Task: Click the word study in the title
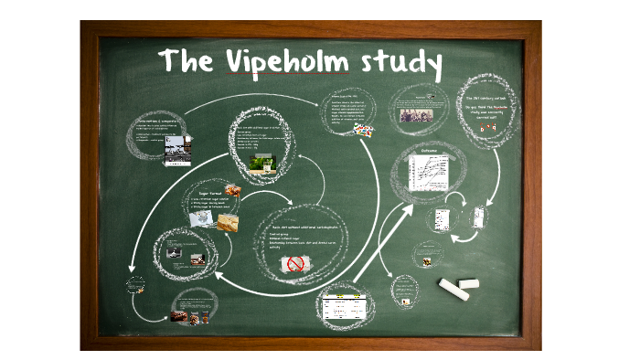point(400,63)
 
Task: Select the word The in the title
point(187,61)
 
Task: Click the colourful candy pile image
point(365,130)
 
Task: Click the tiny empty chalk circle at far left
point(135,284)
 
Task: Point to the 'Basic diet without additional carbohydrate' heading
point(305,225)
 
